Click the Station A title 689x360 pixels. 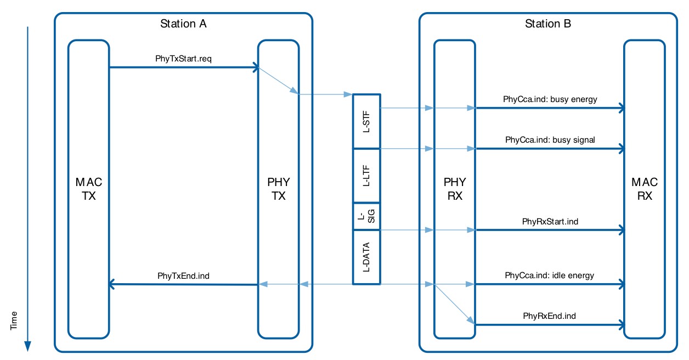pyautogui.click(x=183, y=24)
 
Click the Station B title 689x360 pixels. pyautogui.click(x=548, y=24)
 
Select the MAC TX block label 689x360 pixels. pyautogui.click(x=89, y=188)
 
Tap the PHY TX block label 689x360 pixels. pyautogui.click(x=279, y=188)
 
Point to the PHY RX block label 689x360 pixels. pyautogui.click(x=455, y=188)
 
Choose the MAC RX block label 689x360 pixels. pyautogui.click(x=645, y=188)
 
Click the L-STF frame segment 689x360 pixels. pyautogui.click(x=366, y=121)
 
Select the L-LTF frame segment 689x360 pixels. pyautogui.click(x=366, y=175)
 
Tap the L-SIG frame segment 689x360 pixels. pyautogui.click(x=366, y=216)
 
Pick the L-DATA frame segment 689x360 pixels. pyautogui.click(x=366, y=257)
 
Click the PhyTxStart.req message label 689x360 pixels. pyautogui.click(x=183, y=58)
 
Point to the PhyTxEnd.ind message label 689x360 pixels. pyautogui.click(x=183, y=275)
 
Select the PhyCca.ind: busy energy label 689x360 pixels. pyautogui.click(x=550, y=99)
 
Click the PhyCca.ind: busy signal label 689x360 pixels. pyautogui.click(x=550, y=140)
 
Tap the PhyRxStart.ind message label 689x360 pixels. pyautogui.click(x=550, y=222)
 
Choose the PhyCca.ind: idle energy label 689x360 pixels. pyautogui.click(x=550, y=275)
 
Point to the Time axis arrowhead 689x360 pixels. pyautogui.click(x=27, y=346)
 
